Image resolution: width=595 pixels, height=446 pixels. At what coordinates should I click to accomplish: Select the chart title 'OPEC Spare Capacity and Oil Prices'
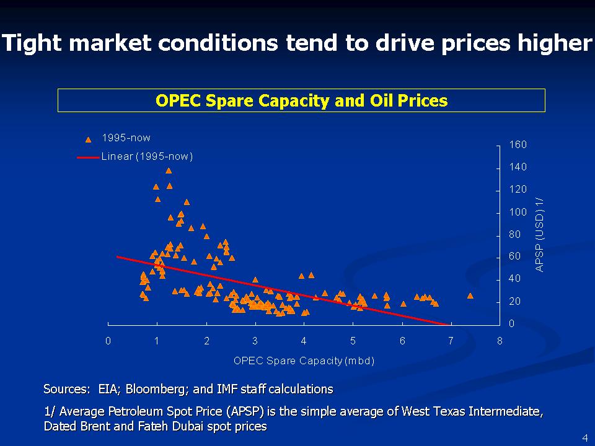(301, 100)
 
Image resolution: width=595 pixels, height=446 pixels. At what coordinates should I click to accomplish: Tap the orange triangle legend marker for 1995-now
(88, 139)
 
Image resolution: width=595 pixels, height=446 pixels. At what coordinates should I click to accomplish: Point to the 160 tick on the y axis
(518, 145)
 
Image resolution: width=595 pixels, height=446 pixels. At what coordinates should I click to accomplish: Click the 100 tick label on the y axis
(518, 212)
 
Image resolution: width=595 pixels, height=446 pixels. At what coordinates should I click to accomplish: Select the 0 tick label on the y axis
(512, 324)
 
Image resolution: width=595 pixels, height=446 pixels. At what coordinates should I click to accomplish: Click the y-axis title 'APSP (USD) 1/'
(539, 235)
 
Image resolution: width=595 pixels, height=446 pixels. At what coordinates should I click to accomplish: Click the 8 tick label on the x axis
(500, 341)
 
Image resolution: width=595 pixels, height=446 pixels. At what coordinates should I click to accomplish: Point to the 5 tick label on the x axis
(353, 341)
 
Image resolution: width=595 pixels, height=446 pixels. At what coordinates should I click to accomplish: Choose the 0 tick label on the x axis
(108, 341)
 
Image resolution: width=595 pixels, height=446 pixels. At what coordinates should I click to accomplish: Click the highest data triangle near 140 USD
(169, 170)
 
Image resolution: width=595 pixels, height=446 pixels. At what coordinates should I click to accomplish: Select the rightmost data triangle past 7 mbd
(470, 296)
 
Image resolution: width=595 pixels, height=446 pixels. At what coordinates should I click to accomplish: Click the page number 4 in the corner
(584, 438)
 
